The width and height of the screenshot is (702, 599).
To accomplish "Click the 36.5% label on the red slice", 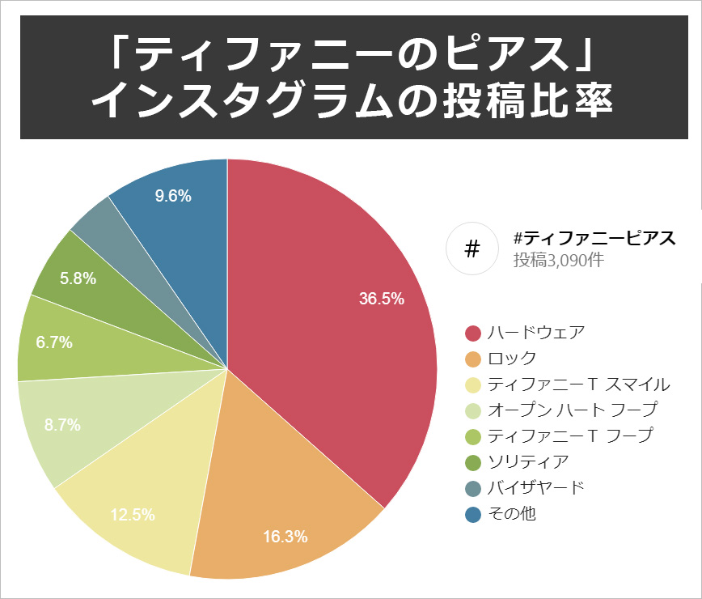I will (381, 299).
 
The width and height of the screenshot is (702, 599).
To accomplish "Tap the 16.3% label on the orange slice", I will (285, 536).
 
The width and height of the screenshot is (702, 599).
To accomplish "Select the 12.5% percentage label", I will (132, 514).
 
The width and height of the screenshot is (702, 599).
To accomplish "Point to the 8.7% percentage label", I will (62, 425).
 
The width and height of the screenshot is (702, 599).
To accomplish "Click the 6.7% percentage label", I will (54, 342).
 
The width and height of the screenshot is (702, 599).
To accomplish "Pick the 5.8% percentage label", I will (78, 278).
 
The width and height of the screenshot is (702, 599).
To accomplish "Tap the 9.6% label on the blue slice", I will (172, 196).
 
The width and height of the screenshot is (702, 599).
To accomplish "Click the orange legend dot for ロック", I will (474, 359).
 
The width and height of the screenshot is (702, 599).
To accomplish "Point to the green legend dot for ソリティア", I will (474, 461).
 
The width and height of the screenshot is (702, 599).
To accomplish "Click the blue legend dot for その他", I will (474, 513).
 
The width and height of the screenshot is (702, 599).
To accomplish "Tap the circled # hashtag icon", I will (473, 249).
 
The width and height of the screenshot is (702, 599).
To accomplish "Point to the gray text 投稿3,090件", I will (558, 260).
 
